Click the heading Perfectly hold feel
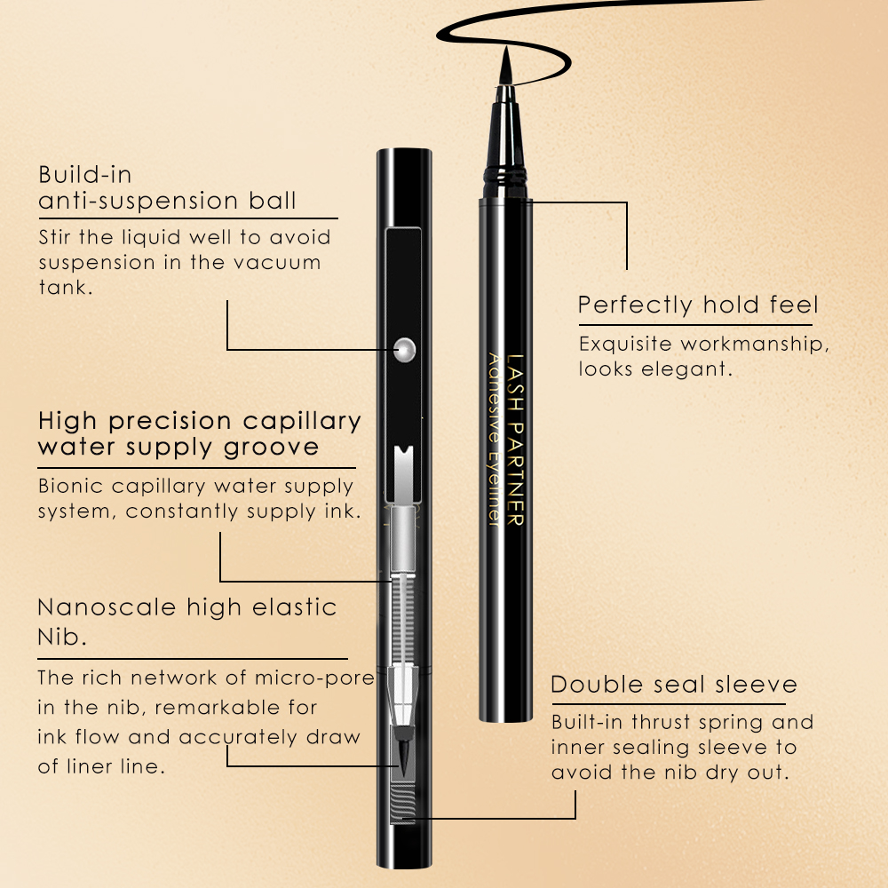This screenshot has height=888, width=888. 698,305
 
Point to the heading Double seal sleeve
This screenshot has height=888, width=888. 674,686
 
